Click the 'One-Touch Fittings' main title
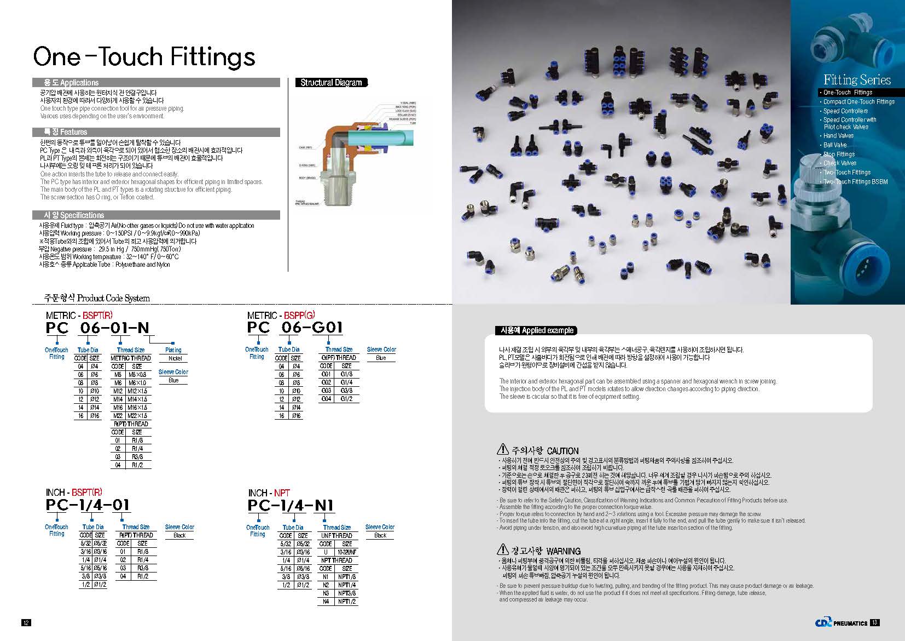pyautogui.click(x=144, y=56)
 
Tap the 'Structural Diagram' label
pyautogui.click(x=331, y=83)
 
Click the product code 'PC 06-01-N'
pyautogui.click(x=97, y=328)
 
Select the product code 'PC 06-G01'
pyautogui.click(x=295, y=328)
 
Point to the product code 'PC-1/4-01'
pyautogui.click(x=88, y=505)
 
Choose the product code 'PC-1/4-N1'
pyautogui.click(x=291, y=505)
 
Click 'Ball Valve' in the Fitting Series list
pyautogui.click(x=835, y=145)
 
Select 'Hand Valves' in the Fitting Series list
pyautogui.click(x=838, y=136)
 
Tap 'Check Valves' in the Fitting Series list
pyautogui.click(x=840, y=163)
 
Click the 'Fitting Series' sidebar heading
pyautogui.click(x=857, y=80)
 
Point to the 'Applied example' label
pyautogui.click(x=536, y=330)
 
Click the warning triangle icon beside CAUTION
pyautogui.click(x=503, y=449)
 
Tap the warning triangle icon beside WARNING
pyautogui.click(x=503, y=550)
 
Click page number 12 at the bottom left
pyautogui.click(x=26, y=622)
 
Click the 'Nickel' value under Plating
pyautogui.click(x=175, y=358)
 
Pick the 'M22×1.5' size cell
pyautogui.click(x=137, y=416)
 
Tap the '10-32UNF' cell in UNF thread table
pyautogui.click(x=347, y=552)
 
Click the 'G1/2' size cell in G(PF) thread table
pyautogui.click(x=346, y=399)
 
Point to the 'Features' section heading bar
pyautogui.click(x=156, y=132)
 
